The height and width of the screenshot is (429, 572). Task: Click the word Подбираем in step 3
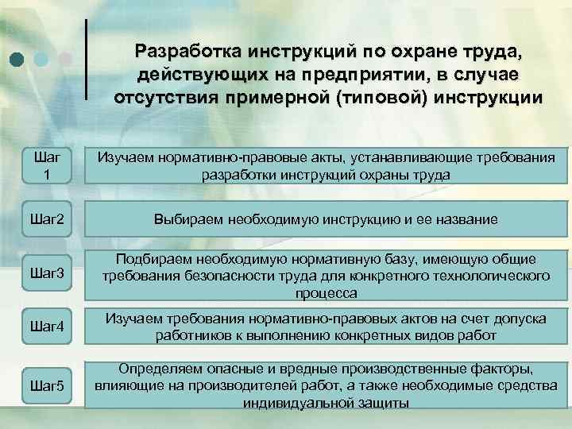(x=153, y=259)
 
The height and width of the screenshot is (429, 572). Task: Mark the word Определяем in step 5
(x=158, y=370)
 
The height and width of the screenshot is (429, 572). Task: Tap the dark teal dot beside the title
(x=17, y=58)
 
